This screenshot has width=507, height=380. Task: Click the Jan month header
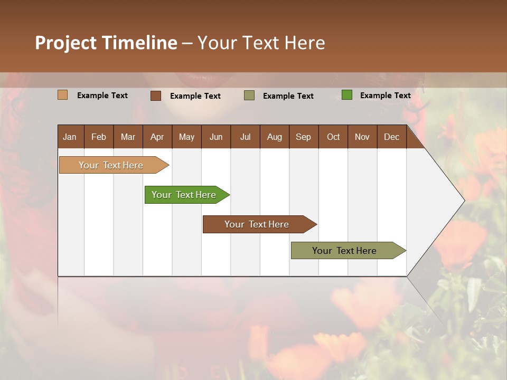(70, 137)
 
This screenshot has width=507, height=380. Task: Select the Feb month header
(99, 137)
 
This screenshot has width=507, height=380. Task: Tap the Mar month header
(128, 137)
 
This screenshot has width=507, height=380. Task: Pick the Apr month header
(157, 137)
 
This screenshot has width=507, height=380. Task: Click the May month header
(186, 137)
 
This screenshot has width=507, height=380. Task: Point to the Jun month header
(216, 137)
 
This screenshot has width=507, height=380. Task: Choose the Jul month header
(245, 137)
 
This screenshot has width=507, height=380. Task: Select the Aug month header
(275, 137)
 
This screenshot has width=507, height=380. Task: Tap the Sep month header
(304, 137)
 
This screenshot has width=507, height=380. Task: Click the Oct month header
(333, 137)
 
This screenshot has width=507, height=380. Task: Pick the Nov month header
(362, 137)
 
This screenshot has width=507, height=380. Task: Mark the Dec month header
(392, 137)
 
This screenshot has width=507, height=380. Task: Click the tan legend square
(62, 95)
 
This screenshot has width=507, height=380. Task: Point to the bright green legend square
(346, 95)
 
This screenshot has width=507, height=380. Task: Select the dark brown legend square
(155, 96)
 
